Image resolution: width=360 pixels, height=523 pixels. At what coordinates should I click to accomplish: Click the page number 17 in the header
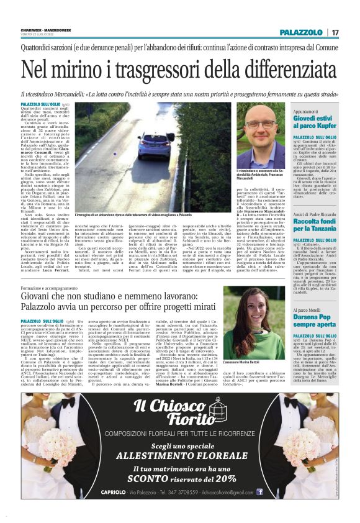(335, 32)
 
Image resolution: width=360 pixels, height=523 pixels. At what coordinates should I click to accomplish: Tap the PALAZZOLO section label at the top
(300, 32)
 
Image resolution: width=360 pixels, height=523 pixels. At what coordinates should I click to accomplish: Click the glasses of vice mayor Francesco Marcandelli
(261, 126)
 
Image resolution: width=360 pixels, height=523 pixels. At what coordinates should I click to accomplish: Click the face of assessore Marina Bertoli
(245, 311)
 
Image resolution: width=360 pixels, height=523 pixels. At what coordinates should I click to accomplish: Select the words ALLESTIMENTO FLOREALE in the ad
(179, 456)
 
